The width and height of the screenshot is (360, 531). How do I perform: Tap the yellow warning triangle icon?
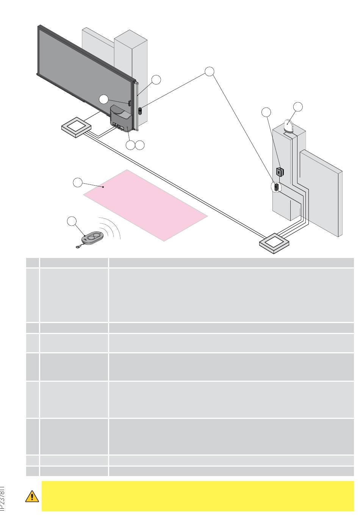pyautogui.click(x=32, y=496)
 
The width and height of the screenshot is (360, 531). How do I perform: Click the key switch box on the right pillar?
pyautogui.click(x=280, y=172)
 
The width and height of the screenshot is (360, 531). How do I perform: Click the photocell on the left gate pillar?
pyautogui.click(x=139, y=111)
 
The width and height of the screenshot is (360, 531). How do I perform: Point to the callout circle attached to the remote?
pyautogui.click(x=71, y=221)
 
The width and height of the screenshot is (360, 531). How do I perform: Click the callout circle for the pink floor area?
pyautogui.click(x=77, y=182)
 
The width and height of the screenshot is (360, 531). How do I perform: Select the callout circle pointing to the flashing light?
pyautogui.click(x=298, y=107)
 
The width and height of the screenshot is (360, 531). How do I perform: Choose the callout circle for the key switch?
pyautogui.click(x=267, y=112)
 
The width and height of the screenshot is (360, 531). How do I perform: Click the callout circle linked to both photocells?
pyautogui.click(x=210, y=71)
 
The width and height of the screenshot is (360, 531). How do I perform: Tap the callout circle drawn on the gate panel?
pyautogui.click(x=104, y=100)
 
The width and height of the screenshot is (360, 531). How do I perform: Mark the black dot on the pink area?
pyautogui.click(x=103, y=187)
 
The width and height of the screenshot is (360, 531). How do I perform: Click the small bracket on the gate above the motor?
pyautogui.click(x=130, y=103)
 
